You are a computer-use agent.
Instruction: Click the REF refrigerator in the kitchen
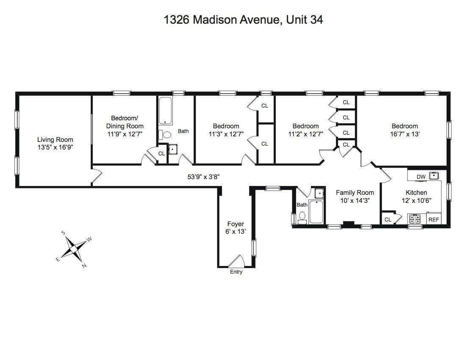tap(434, 219)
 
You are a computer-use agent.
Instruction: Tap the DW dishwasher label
tap(421, 177)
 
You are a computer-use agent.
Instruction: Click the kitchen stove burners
tap(415, 219)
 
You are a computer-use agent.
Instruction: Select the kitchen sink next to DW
tap(434, 176)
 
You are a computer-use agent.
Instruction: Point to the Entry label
tap(236, 272)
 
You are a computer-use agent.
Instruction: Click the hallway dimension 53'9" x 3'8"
tap(204, 177)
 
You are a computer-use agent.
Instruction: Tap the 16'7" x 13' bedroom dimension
tap(405, 134)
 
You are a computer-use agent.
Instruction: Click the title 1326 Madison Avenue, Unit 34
tap(243, 19)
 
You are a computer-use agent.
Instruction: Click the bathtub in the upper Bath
tap(165, 111)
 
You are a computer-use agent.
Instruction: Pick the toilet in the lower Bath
tap(302, 218)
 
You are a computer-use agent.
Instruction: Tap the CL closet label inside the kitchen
tap(388, 220)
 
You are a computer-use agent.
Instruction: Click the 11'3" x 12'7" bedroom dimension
tap(226, 134)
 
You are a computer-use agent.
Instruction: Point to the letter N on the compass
tap(84, 266)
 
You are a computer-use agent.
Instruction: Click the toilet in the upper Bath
tap(165, 135)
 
